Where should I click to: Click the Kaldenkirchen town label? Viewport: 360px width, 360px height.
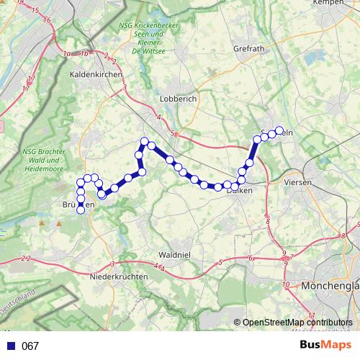point(95,74)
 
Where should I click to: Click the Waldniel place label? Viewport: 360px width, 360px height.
point(174,255)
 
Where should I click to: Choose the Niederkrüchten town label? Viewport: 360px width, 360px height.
point(119,276)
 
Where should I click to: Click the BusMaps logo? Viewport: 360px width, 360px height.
point(325,346)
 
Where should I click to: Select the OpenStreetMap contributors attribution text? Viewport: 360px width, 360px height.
point(297,323)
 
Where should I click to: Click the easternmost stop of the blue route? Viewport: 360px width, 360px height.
point(279,131)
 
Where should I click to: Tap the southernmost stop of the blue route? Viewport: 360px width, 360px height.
point(81,210)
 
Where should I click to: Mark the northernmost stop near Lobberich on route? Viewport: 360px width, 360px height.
point(145,141)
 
